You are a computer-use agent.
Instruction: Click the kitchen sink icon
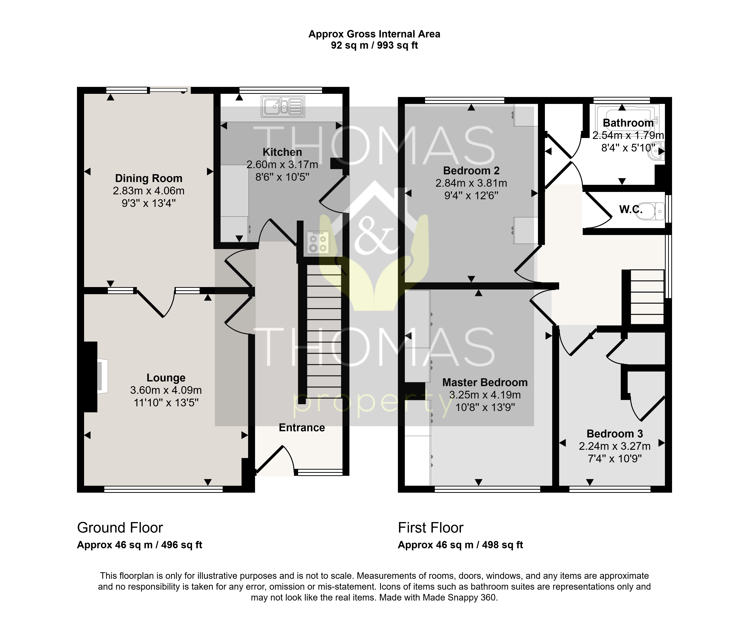[x=283, y=107]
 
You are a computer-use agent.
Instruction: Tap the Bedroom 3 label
[x=615, y=434]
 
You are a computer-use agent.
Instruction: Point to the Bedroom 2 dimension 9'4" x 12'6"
[x=471, y=195]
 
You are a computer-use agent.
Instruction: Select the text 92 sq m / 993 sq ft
[x=374, y=46]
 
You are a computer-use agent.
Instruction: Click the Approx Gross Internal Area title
[x=374, y=34]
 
